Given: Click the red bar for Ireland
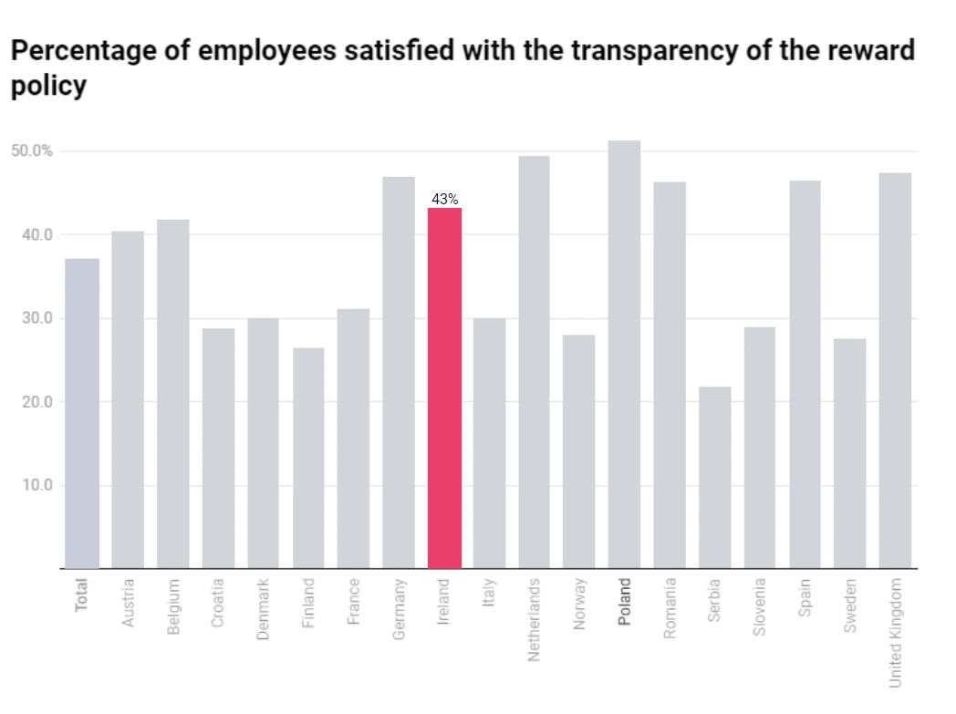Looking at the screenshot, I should [444, 388].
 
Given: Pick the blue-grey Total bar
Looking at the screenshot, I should [82, 413].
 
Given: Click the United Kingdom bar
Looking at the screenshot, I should [895, 370].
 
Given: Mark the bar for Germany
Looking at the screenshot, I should [399, 372].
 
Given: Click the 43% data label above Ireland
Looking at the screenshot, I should [444, 199].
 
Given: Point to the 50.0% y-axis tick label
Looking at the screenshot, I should [32, 150].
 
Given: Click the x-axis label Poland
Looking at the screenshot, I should [624, 602].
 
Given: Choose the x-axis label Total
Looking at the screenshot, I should [82, 594].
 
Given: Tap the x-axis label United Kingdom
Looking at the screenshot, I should [895, 632].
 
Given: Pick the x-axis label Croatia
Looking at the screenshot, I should [218, 603].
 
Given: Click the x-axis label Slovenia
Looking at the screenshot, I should [760, 606].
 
